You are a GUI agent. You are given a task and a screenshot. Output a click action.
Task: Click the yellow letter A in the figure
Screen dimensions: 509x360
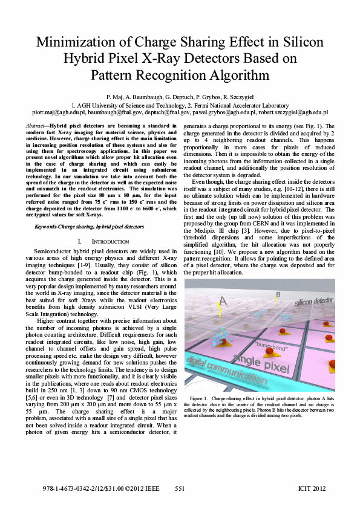click(x=223, y=300)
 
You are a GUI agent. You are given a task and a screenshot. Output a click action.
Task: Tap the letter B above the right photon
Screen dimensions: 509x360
click(x=278, y=294)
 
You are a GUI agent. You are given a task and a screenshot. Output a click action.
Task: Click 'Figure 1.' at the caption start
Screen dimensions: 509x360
click(x=199, y=400)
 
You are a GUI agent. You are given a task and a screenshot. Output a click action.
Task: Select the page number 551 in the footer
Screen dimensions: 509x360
click(x=180, y=487)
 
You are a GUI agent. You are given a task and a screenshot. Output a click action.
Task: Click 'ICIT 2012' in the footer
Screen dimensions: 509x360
click(x=313, y=487)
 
